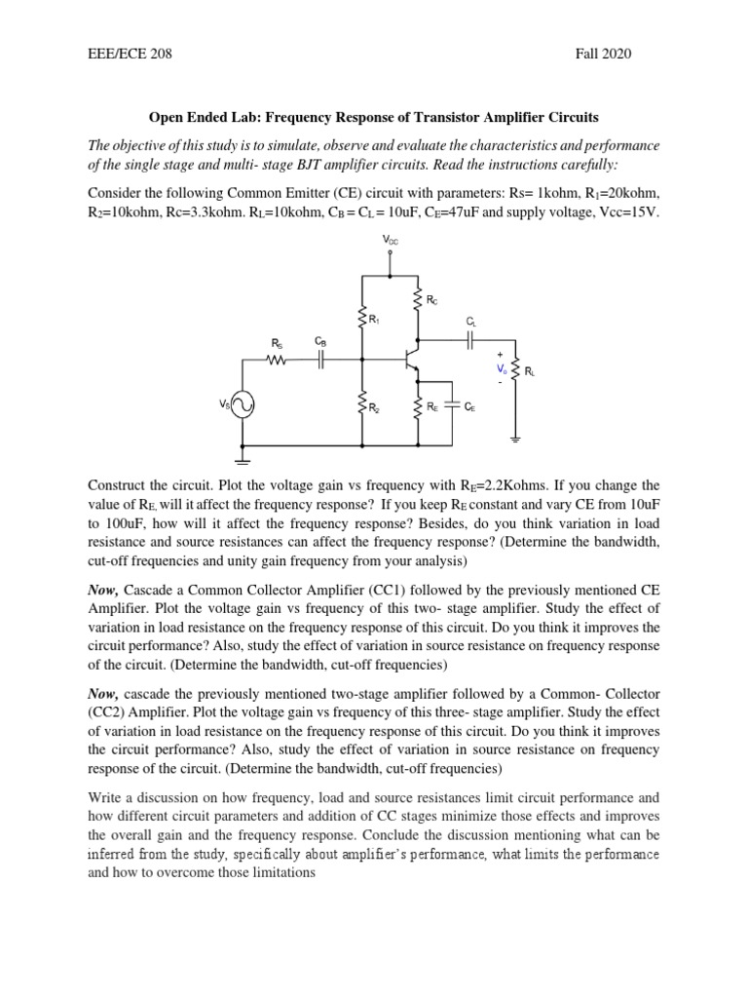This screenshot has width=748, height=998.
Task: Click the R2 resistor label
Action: (374, 408)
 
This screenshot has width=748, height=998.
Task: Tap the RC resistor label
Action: (431, 301)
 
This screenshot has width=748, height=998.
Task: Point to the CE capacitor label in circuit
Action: (470, 408)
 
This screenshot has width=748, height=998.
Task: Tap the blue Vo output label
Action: (502, 369)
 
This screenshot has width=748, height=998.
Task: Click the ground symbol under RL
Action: (515, 439)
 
